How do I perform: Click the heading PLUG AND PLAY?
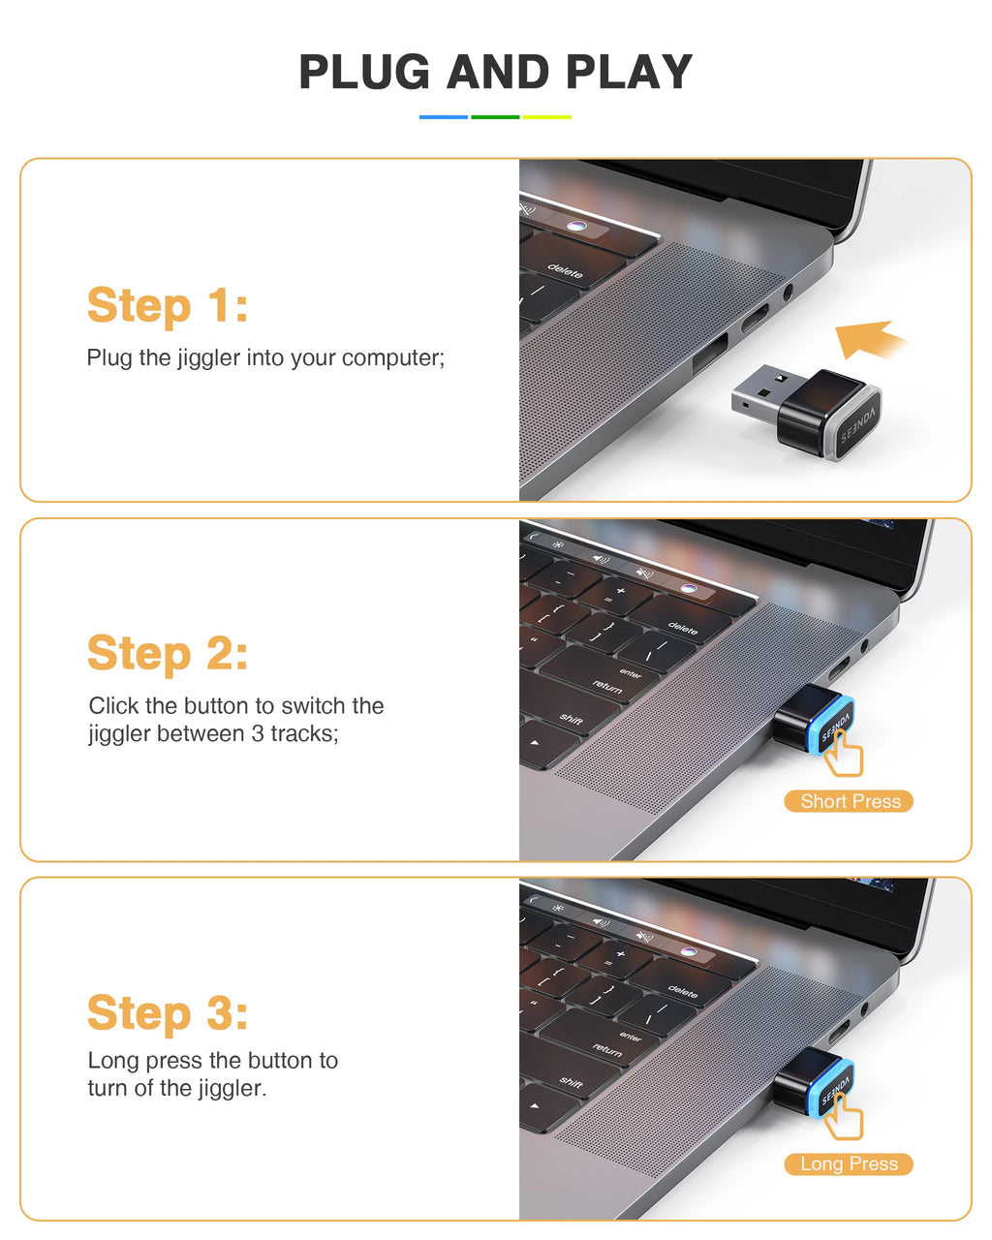pos(495,73)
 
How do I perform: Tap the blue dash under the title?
pos(444,117)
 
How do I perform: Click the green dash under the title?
pos(495,117)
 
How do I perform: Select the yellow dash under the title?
pos(547,117)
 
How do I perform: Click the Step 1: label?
pos(168,306)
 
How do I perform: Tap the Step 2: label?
pos(168,654)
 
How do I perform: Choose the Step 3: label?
pos(168,1013)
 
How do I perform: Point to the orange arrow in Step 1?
pos(868,339)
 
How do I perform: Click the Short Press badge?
pos(850,801)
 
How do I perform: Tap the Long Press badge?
pos(850,1163)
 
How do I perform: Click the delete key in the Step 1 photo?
pos(565,272)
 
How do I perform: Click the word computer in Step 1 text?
pos(390,358)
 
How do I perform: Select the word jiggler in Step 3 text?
pos(229,1089)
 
